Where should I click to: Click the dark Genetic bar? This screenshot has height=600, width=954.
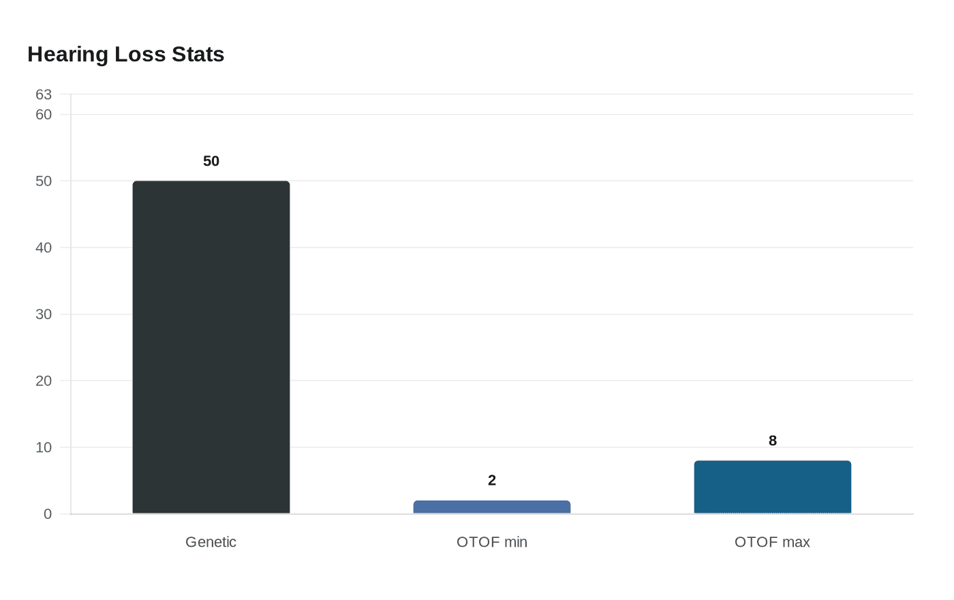pos(211,347)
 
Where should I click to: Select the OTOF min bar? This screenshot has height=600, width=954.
pos(492,507)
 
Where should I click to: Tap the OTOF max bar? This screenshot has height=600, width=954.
pos(773,487)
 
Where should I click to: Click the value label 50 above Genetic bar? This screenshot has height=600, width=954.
pos(211,162)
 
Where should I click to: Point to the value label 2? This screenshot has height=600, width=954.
pos(492,481)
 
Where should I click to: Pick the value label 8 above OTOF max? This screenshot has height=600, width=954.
pos(773,441)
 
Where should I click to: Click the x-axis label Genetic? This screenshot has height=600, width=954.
pos(211,542)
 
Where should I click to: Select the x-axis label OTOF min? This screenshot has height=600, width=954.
pos(492,542)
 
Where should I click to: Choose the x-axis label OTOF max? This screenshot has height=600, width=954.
pos(772,542)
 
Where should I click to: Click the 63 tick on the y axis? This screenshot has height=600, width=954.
pos(44,95)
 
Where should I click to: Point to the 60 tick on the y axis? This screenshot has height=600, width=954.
pos(44,115)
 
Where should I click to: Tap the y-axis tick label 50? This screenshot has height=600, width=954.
pos(44,181)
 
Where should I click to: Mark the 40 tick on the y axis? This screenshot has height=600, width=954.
pos(44,247)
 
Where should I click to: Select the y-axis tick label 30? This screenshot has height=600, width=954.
pos(44,314)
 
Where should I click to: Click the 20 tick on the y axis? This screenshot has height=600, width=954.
pos(44,381)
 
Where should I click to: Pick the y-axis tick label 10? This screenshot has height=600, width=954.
pos(44,447)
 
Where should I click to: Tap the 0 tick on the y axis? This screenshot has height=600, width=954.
pos(48,514)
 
